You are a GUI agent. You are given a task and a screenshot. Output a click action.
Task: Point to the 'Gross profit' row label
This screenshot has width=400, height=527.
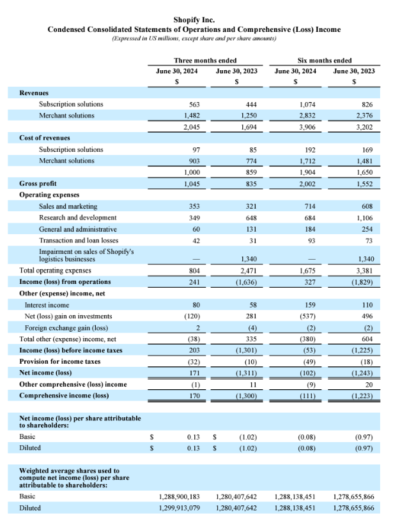[x=38, y=184]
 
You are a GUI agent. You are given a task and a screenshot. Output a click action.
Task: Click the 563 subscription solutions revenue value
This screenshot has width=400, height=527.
[x=195, y=104]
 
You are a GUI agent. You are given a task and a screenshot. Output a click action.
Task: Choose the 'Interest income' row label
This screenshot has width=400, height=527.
[x=47, y=305]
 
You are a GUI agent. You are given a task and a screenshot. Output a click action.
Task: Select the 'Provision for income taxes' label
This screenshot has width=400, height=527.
[x=59, y=361]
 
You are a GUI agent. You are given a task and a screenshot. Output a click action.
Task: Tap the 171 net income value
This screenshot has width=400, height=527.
[x=195, y=373]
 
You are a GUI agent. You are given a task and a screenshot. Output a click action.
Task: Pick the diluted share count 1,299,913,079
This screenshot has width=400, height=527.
[x=178, y=508]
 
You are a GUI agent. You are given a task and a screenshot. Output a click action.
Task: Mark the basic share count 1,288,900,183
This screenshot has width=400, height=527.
[x=178, y=496]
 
